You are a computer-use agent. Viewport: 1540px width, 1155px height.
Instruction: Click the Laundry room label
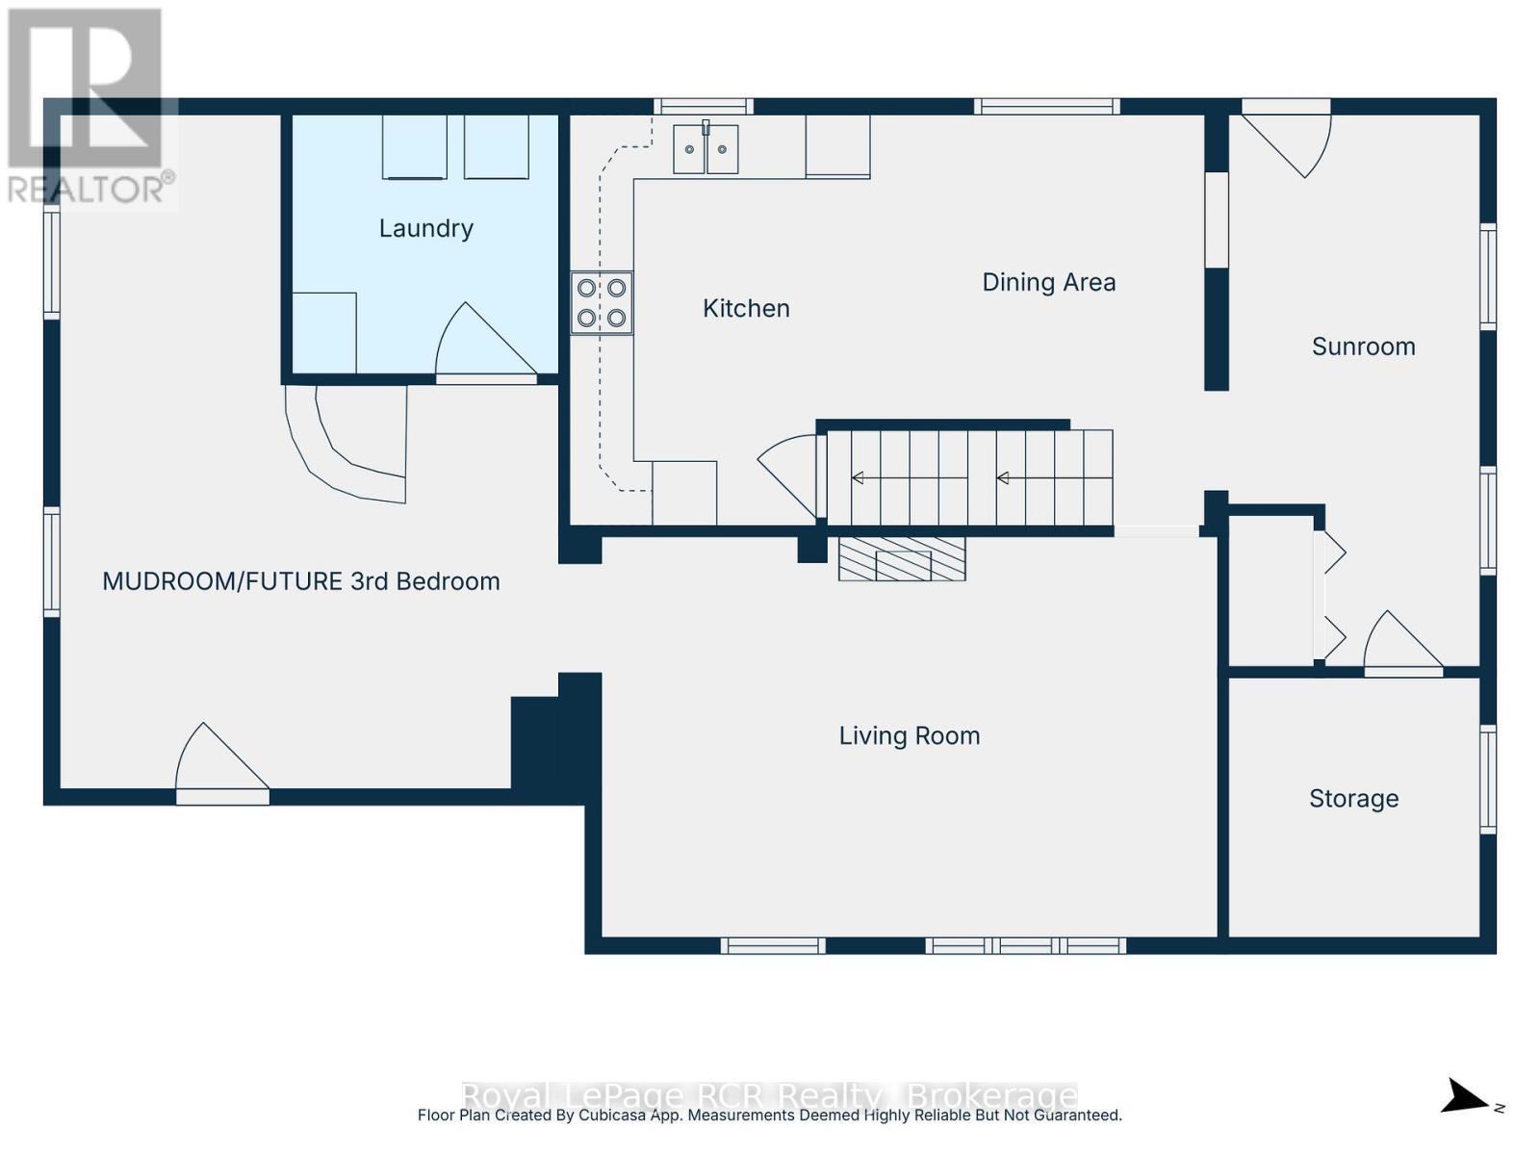[x=425, y=228]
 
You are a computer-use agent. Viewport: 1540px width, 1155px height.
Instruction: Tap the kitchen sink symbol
[x=706, y=149]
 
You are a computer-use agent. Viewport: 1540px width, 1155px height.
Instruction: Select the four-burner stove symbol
[x=602, y=303]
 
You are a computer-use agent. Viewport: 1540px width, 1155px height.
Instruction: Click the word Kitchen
[x=746, y=308]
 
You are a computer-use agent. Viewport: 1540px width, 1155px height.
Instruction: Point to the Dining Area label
[x=1048, y=282]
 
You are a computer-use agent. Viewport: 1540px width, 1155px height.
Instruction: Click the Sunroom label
[x=1363, y=346]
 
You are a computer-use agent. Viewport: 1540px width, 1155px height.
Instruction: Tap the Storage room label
[x=1353, y=798]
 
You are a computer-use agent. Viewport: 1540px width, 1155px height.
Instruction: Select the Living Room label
[x=909, y=735]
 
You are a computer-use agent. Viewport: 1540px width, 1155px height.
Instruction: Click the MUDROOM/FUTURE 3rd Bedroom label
[x=300, y=581]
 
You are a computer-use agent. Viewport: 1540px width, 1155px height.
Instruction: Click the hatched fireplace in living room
[x=902, y=559]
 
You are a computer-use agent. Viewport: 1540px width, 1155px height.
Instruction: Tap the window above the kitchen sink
[x=704, y=107]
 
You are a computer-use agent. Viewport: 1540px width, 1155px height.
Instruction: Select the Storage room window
[x=1488, y=779]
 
